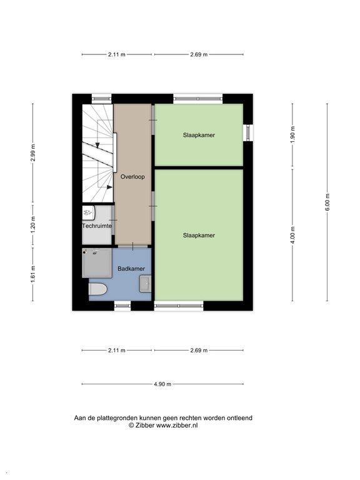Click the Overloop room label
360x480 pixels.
point(132,177)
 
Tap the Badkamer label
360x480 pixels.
point(131,269)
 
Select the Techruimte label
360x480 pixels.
point(97,226)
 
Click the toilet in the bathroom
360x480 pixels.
point(97,289)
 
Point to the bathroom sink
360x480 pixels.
point(145,284)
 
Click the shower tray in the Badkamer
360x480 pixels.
point(97,263)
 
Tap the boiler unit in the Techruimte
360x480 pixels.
point(89,212)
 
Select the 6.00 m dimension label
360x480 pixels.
point(327,202)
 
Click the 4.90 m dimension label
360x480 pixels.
point(162,384)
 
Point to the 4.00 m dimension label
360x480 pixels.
point(292,236)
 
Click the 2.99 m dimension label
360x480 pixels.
point(33,152)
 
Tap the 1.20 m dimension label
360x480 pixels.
point(33,224)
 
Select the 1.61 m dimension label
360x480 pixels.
point(33,274)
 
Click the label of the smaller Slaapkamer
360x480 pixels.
point(199,135)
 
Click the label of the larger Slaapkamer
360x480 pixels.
point(199,236)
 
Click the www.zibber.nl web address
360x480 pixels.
point(177,425)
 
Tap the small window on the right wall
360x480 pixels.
point(248,132)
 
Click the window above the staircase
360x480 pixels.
point(102,99)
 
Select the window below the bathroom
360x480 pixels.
point(122,306)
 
